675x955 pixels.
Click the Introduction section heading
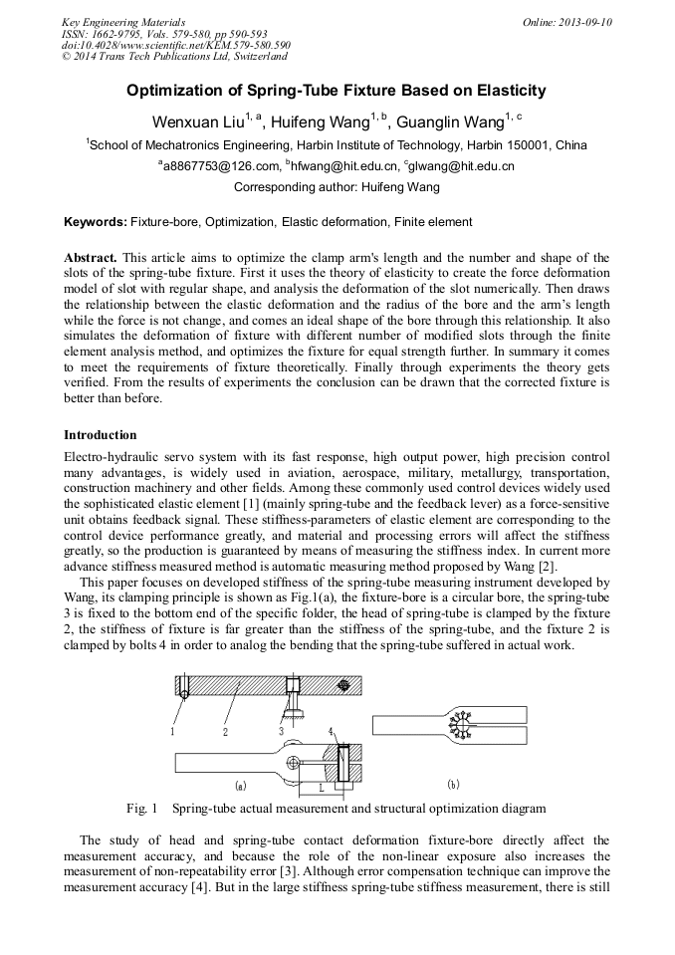tap(101, 435)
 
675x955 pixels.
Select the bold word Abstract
tap(91, 257)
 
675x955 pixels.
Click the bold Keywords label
tap(96, 222)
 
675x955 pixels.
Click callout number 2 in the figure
tap(226, 732)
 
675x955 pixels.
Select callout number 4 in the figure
tap(331, 732)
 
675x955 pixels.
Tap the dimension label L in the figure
tap(321, 787)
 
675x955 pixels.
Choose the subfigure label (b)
tap(453, 784)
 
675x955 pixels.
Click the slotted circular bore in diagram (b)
tap(461, 725)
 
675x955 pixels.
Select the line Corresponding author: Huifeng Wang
tap(337, 186)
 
